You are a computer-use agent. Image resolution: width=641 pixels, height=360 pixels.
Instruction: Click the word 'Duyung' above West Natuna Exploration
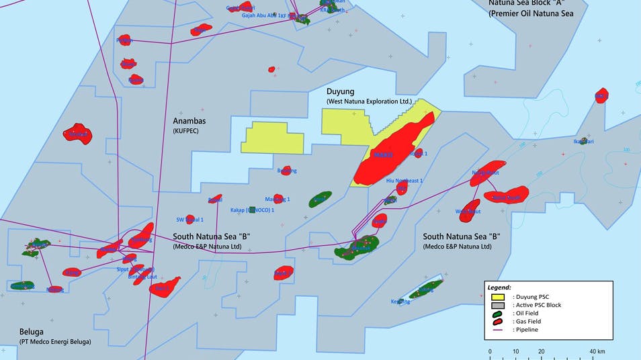pos(340,91)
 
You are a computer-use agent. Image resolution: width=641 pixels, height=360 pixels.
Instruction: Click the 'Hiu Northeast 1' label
pos(404,181)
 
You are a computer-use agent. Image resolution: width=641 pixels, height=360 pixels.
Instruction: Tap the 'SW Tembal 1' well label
pos(189,220)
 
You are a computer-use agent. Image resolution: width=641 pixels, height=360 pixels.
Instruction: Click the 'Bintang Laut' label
pos(142,276)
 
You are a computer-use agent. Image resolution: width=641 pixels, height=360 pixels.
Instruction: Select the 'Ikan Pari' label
pos(583,142)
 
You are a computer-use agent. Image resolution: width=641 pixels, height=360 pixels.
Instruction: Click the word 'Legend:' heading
pos(499,287)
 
